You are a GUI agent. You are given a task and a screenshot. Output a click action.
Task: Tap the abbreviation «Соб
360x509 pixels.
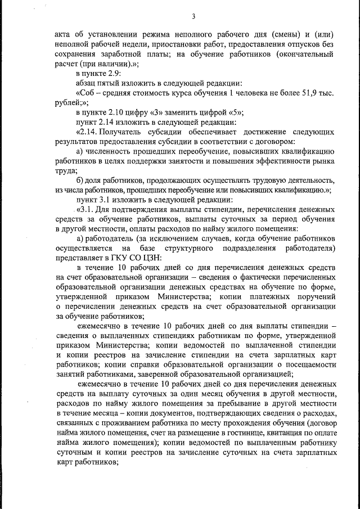pyautogui.click(x=85, y=93)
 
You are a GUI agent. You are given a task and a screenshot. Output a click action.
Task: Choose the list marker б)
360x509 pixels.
pyautogui.click(x=80, y=181)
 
